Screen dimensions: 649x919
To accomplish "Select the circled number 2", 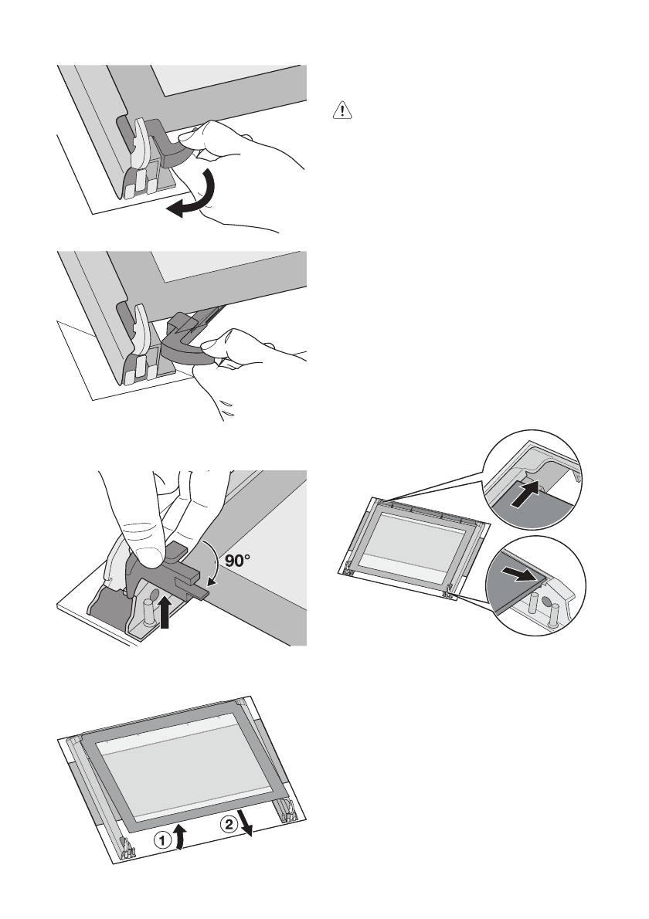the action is click(x=230, y=825).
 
